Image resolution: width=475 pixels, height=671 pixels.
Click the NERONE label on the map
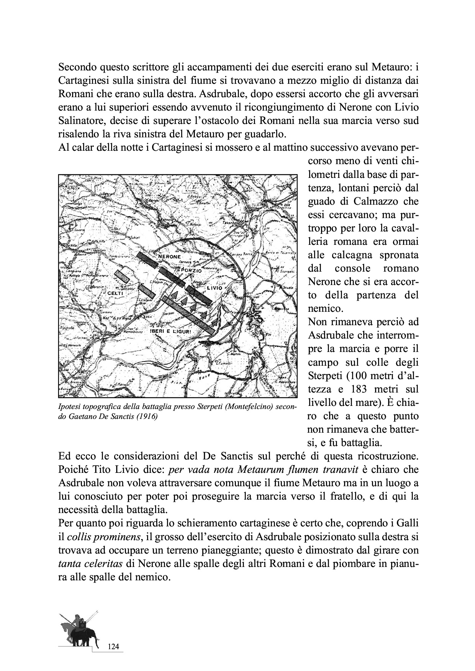(x=170, y=257)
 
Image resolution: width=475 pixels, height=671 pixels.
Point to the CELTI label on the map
(x=115, y=293)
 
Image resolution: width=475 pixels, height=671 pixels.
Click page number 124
(x=114, y=647)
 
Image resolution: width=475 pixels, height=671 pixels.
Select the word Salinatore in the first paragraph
(x=80, y=121)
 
